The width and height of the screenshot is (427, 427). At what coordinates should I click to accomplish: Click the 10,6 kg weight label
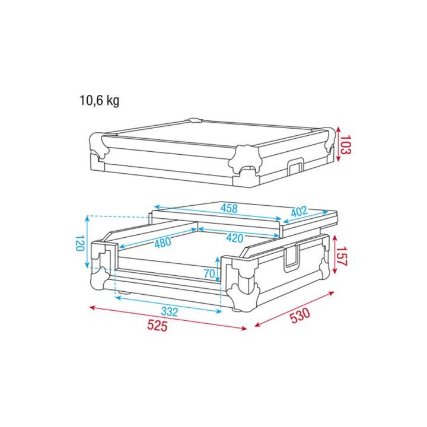pos(99,101)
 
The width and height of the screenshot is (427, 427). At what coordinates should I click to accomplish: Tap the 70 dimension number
pos(209,273)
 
